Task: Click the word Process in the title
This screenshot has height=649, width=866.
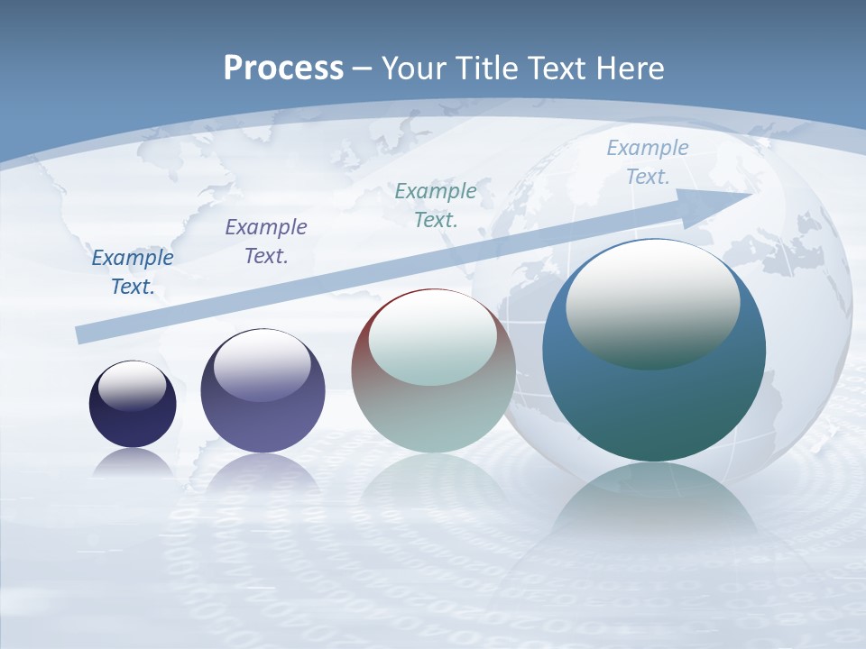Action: pyautogui.click(x=283, y=69)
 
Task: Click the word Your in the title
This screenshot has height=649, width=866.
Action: pyautogui.click(x=412, y=69)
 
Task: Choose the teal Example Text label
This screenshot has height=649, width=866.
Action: pyautogui.click(x=436, y=205)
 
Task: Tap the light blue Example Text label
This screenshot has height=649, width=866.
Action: pyautogui.click(x=647, y=162)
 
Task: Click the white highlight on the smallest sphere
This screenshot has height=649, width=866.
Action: pyautogui.click(x=132, y=385)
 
